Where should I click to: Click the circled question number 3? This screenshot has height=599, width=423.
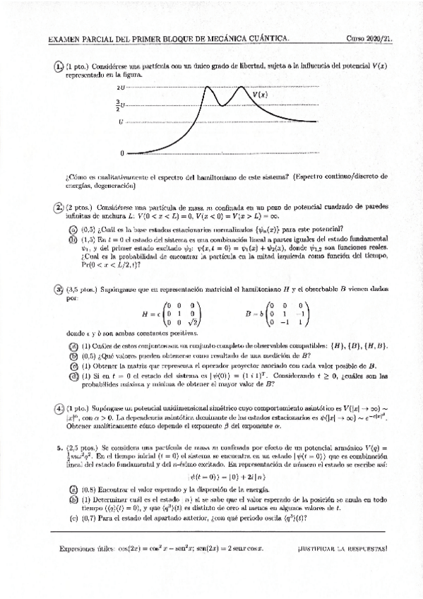[x=59, y=290]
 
